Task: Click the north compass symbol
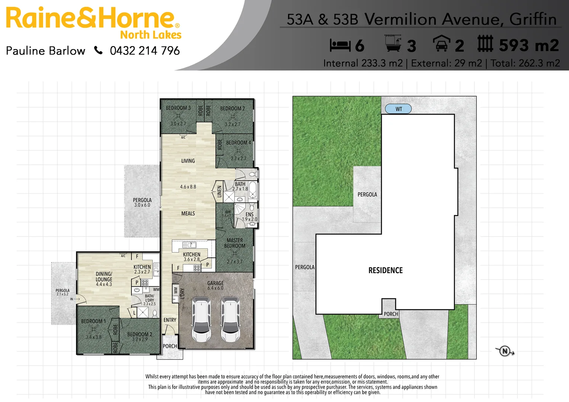505,351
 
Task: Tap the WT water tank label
399,109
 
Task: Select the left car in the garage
201,319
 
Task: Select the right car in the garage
230,319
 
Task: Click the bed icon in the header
340,45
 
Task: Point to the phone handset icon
98,50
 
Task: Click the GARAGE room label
215,283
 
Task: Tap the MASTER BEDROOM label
234,243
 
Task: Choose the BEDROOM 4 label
239,143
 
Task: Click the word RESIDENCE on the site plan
386,271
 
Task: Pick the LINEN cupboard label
220,191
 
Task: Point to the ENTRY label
170,320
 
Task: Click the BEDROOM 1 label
93,321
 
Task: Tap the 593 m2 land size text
529,45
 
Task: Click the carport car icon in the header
441,44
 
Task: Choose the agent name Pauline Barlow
46,51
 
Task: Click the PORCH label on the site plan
391,314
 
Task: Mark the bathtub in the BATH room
253,190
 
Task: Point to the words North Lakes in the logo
151,35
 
